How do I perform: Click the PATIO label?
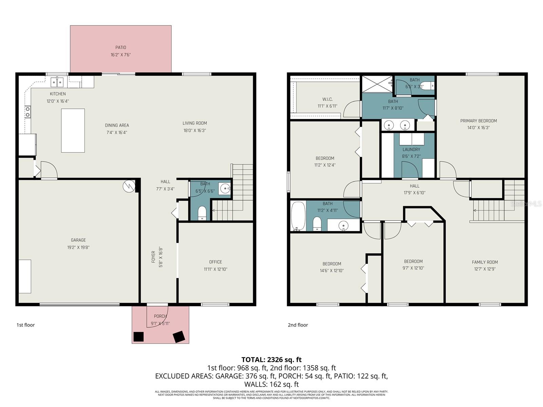click(x=120, y=47)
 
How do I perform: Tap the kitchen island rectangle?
click(x=73, y=131)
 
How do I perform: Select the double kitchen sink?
click(x=57, y=82)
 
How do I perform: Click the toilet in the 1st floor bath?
click(x=202, y=212)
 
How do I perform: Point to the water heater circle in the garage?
click(x=129, y=186)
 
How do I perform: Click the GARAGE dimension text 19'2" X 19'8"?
click(x=78, y=248)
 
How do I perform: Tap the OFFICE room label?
click(x=216, y=262)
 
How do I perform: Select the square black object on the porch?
click(x=138, y=336)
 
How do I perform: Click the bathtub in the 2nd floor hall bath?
click(x=298, y=216)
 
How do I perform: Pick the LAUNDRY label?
click(x=411, y=150)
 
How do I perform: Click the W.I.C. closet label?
click(x=327, y=99)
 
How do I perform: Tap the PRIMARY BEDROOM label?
click(x=479, y=121)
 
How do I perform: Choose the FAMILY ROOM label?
click(x=485, y=262)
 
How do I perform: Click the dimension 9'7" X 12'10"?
click(x=413, y=268)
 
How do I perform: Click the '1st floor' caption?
click(x=26, y=325)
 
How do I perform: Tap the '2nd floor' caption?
click(x=298, y=325)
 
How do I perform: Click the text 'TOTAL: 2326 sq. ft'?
click(x=271, y=360)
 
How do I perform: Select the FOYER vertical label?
click(x=153, y=257)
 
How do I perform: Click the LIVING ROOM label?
click(x=194, y=123)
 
